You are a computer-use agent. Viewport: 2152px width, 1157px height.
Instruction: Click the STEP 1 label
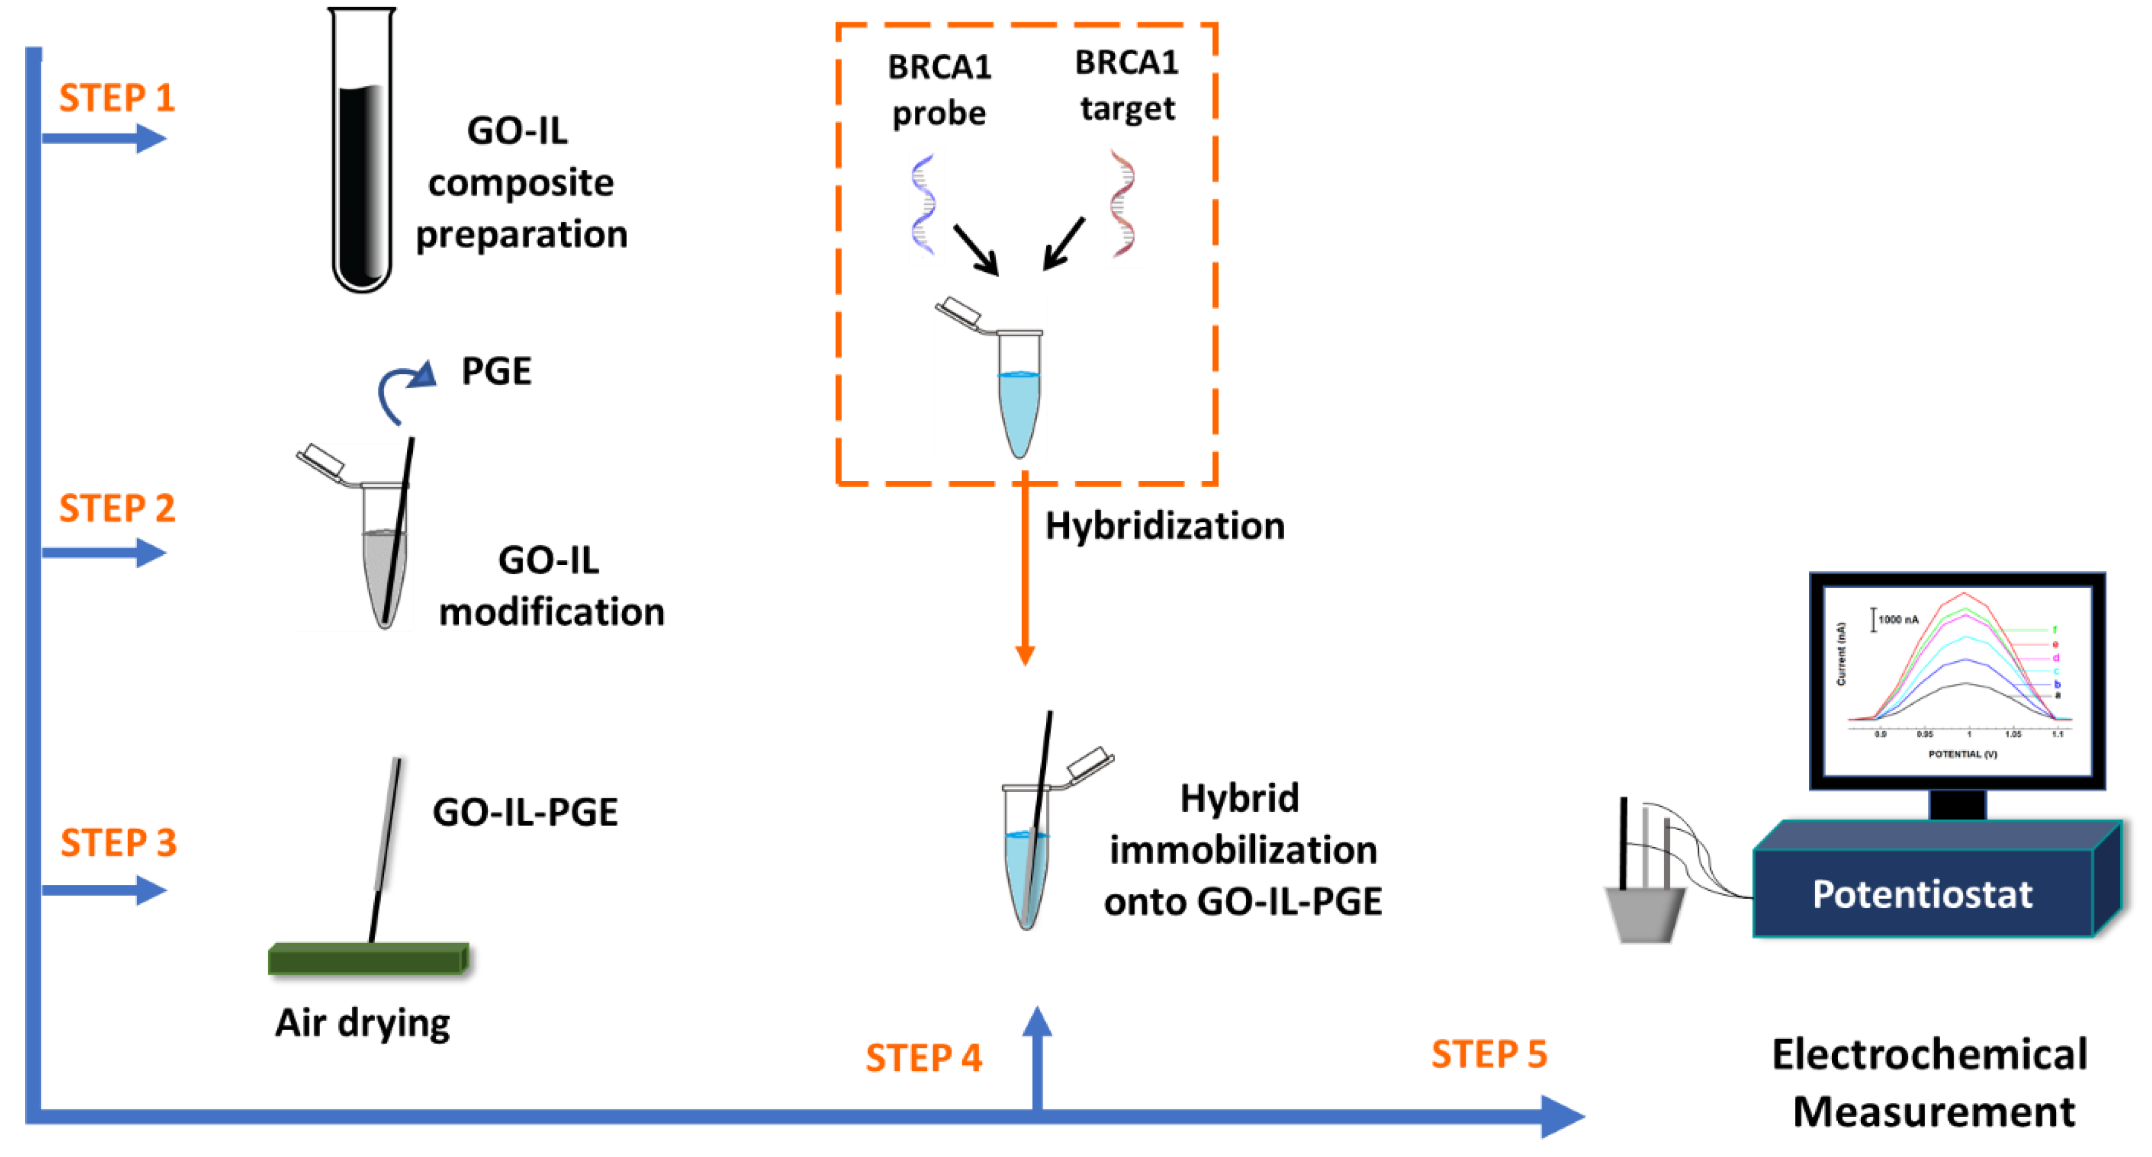pyautogui.click(x=117, y=98)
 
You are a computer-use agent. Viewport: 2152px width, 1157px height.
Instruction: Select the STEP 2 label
pyautogui.click(x=117, y=508)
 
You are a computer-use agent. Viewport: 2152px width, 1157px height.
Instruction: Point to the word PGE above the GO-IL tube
pyautogui.click(x=496, y=371)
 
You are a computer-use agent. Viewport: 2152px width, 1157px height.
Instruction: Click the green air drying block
pyautogui.click(x=368, y=958)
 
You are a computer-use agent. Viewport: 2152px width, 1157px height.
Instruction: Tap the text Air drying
pyautogui.click(x=363, y=1022)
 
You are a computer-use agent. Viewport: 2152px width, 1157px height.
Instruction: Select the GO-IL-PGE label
pyautogui.click(x=525, y=812)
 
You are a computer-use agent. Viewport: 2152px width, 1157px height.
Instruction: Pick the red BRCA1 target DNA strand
pyautogui.click(x=1122, y=203)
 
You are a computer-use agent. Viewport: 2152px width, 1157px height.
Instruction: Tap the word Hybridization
pyautogui.click(x=1165, y=526)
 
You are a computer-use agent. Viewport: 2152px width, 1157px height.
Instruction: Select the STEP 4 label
pyautogui.click(x=923, y=1058)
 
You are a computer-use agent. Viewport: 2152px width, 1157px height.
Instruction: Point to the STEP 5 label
pyautogui.click(x=1489, y=1054)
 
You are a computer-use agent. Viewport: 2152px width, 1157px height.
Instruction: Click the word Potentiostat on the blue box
pyautogui.click(x=1921, y=894)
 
